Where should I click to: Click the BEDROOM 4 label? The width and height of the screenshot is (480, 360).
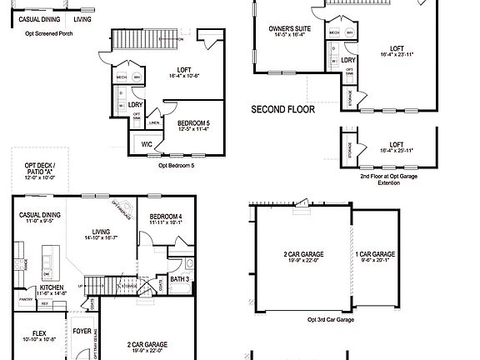(x=166, y=217)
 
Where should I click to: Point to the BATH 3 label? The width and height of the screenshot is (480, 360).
(x=180, y=279)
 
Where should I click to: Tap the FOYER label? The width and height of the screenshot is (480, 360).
(x=82, y=331)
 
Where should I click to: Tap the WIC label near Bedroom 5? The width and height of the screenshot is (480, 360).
(x=147, y=144)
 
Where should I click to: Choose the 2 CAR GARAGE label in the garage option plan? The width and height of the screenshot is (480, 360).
(x=302, y=254)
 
